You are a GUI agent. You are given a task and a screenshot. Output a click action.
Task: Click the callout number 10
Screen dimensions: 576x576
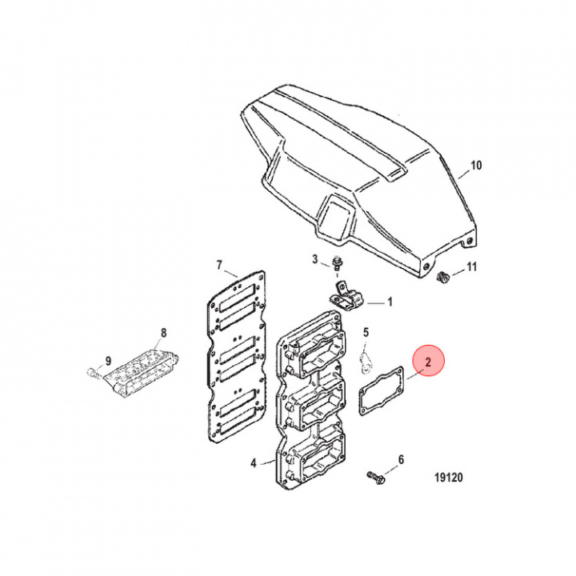pyautogui.click(x=476, y=166)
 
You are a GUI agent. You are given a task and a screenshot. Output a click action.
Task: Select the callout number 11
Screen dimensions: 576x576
pyautogui.click(x=472, y=266)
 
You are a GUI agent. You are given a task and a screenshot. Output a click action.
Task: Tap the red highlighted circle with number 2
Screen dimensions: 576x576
pyautogui.click(x=428, y=362)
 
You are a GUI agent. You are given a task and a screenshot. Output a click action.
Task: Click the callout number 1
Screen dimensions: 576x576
pyautogui.click(x=390, y=302)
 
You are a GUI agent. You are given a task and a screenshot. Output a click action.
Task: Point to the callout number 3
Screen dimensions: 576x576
pyautogui.click(x=315, y=259)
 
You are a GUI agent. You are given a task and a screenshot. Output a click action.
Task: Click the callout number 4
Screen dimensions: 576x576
pyautogui.click(x=254, y=462)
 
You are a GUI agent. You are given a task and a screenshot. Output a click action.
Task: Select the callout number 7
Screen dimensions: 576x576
pyautogui.click(x=219, y=265)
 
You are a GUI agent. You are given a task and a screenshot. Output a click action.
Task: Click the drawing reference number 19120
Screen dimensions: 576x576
pyautogui.click(x=449, y=480)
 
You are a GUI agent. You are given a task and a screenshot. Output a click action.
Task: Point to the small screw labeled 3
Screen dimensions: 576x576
pyautogui.click(x=337, y=265)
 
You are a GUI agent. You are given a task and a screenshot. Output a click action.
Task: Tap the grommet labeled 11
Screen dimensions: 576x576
pyautogui.click(x=441, y=278)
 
